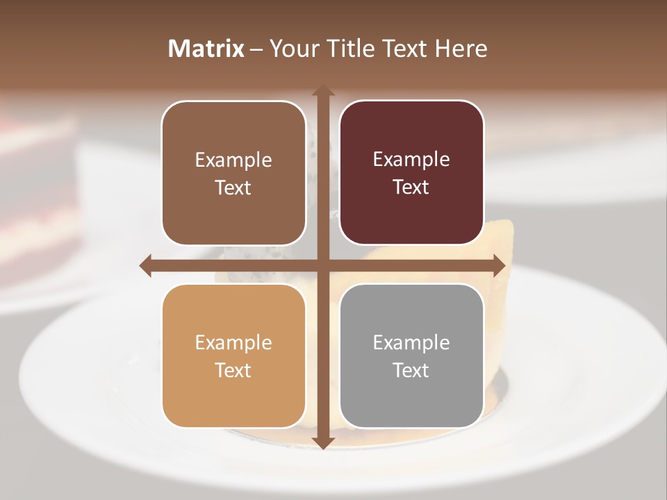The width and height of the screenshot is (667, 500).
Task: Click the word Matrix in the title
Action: (206, 49)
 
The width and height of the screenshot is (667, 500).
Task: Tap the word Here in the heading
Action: (461, 49)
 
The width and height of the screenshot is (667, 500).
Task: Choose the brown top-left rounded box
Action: (233, 173)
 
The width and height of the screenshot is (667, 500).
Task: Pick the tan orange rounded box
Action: (233, 356)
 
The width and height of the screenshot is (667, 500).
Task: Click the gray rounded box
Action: (411, 356)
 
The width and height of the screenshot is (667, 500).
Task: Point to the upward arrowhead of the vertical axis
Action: (322, 90)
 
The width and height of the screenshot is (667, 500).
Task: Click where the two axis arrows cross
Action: (322, 266)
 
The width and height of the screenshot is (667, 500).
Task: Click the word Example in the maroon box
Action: (411, 159)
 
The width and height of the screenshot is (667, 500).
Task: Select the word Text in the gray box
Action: (411, 370)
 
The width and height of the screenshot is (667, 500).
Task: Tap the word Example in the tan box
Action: (233, 342)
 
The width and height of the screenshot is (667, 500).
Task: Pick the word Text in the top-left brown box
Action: (233, 187)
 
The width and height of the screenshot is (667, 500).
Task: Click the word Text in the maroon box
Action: (411, 187)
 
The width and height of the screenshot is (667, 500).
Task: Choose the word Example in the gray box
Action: (411, 342)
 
